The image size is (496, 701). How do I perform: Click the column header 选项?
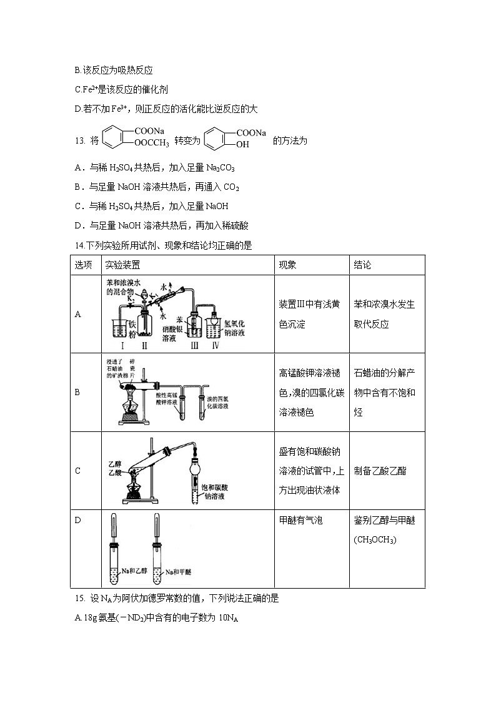83,265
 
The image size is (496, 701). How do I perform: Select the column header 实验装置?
122,265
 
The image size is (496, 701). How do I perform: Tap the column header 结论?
362,265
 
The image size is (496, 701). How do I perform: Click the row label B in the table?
77,393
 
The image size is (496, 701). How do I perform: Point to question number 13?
79,141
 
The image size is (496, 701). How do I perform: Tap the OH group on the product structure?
242,145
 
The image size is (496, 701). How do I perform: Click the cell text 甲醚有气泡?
300,521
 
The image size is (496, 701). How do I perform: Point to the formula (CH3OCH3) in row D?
375,539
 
